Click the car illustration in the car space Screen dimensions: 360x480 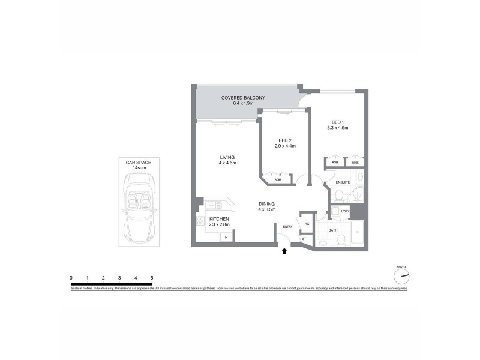(x=139, y=207)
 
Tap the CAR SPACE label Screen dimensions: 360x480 (x=139, y=162)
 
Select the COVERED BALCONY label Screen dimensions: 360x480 (x=243, y=97)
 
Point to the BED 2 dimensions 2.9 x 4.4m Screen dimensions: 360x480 (x=286, y=146)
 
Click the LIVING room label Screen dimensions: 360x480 (x=227, y=157)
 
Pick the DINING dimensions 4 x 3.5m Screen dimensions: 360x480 (x=266, y=209)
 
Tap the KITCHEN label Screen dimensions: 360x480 (x=219, y=219)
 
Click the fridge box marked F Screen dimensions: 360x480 (x=226, y=238)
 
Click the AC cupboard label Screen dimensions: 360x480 (x=307, y=224)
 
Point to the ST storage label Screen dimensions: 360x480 (x=304, y=239)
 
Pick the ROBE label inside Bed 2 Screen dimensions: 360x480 (x=278, y=179)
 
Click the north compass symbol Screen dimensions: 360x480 (x=401, y=276)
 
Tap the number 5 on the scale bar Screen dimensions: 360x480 (x=152, y=278)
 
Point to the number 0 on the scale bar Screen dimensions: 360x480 (x=71, y=278)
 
